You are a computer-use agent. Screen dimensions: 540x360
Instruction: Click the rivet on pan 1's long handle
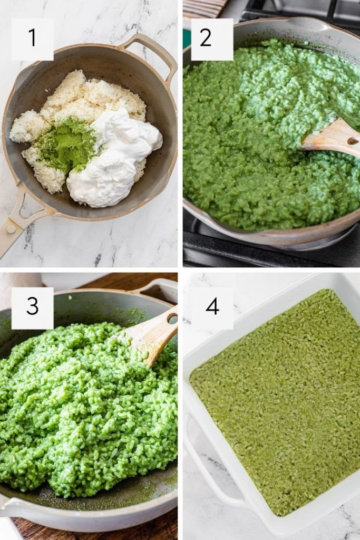[x=11, y=229]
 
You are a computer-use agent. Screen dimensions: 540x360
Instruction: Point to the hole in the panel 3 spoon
[x=172, y=318]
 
